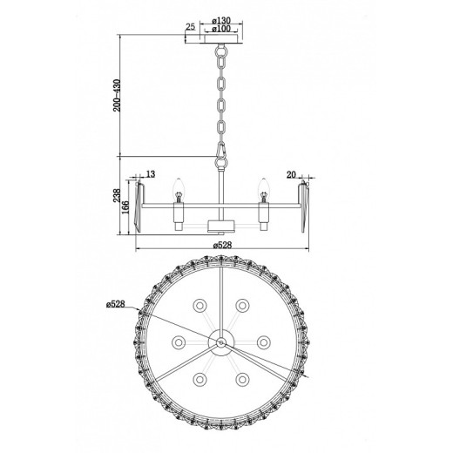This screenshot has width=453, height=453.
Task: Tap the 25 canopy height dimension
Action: coord(190,26)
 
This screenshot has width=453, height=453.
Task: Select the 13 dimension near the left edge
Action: coord(150,175)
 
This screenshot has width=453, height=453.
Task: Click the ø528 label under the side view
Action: coord(223,246)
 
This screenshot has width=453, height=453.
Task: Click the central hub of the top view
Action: coord(223,344)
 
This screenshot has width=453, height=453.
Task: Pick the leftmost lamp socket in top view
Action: coord(179,341)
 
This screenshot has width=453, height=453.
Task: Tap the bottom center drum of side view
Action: coord(221,226)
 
